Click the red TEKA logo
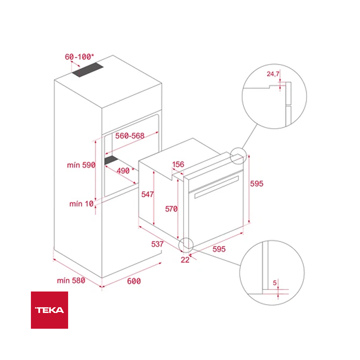pyautogui.click(x=49, y=310)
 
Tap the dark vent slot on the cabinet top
pyautogui.click(x=87, y=70)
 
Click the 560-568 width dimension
pyautogui.click(x=130, y=136)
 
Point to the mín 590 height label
pyautogui.click(x=81, y=165)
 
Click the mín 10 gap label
pyautogui.click(x=81, y=204)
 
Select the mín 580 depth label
pyautogui.click(x=71, y=280)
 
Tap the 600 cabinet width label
pyautogui.click(x=134, y=281)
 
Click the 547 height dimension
pyautogui.click(x=147, y=194)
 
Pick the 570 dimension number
pyautogui.click(x=171, y=209)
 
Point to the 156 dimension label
pyautogui.click(x=178, y=164)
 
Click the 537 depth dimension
pyautogui.click(x=157, y=244)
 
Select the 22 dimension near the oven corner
pyautogui.click(x=185, y=260)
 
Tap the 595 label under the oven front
pyautogui.click(x=219, y=249)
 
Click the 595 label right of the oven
pyautogui.click(x=257, y=184)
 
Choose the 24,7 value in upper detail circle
pyautogui.click(x=273, y=74)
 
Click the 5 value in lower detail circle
pyautogui.click(x=275, y=283)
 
